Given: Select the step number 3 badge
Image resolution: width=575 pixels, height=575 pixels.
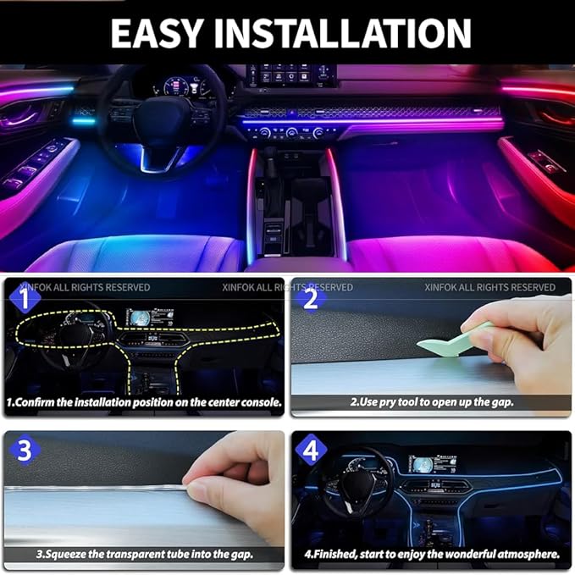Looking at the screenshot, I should tap(26, 450).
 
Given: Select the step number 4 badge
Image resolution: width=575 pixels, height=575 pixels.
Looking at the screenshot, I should tap(310, 450).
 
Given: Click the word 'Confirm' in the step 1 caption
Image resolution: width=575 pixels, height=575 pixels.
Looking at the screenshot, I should tap(46, 402).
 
